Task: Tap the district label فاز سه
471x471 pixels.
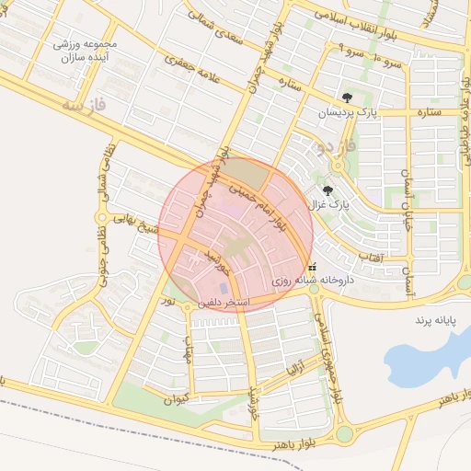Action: [x=85, y=108]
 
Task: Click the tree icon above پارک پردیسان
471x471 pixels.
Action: [x=346, y=97]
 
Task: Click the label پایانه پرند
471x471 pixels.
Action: [x=440, y=320]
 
